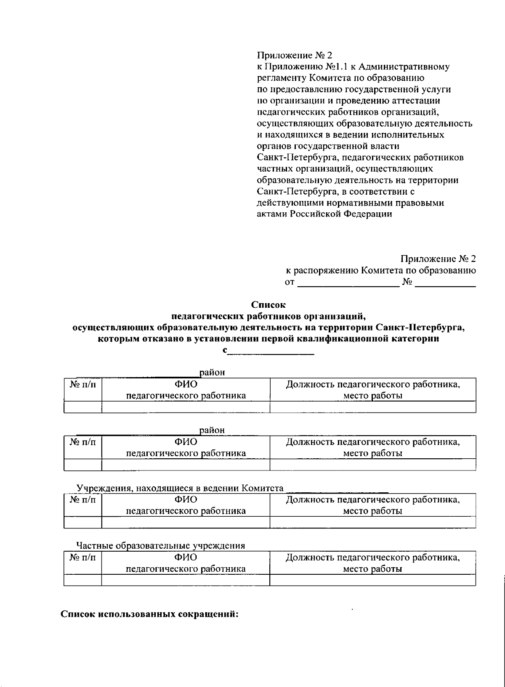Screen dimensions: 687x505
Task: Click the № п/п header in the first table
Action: tap(82, 385)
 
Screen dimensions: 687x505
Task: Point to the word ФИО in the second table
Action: tap(186, 442)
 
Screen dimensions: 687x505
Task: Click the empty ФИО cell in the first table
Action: tap(186, 407)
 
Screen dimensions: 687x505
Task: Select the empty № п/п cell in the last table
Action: tap(82, 580)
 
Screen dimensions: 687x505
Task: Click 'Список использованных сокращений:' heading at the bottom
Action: tap(150, 613)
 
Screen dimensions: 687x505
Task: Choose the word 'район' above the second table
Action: tap(213, 430)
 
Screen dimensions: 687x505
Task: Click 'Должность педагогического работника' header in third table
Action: tap(372, 500)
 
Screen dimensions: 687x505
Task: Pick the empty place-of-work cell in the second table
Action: tap(372, 465)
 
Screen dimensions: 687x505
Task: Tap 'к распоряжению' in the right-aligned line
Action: tap(322, 271)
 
